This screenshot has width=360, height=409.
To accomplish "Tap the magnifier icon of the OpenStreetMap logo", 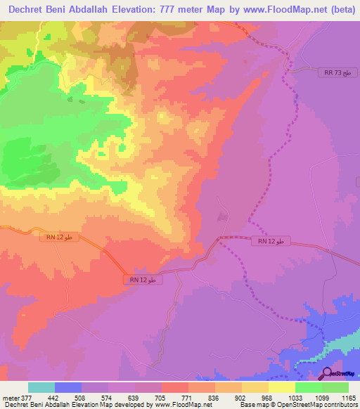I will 326,373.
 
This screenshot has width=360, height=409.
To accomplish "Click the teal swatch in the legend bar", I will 41,387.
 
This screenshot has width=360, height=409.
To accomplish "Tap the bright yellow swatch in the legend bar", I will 282,387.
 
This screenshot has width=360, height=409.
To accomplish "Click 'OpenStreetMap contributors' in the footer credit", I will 323,405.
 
